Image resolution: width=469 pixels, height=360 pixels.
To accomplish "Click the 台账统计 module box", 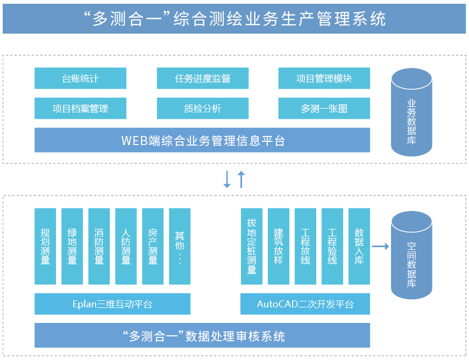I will pos(80,78).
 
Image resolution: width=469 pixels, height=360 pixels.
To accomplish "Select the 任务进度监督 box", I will pos(202,78).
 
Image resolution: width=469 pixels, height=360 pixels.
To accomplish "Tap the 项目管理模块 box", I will pos(324,78).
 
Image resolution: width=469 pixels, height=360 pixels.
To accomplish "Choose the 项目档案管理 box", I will pos(80,109).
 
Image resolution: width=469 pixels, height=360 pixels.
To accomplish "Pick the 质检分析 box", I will pos(202,109).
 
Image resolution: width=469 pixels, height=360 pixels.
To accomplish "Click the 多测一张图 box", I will pos(324,109).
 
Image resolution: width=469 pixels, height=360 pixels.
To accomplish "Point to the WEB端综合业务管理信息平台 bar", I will pos(202,141).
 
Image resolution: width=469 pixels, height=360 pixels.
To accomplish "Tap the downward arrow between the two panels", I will pos(227,179).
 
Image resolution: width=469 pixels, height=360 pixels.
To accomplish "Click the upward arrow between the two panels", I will pos(241,179).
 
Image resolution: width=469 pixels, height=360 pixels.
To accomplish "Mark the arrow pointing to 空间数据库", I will pos(380,247).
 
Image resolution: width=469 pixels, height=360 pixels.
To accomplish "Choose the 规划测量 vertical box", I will pos(45,247).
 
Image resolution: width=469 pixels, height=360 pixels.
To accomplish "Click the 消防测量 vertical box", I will pos(99,247).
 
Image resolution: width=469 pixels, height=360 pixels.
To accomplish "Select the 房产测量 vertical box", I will pos(153,247).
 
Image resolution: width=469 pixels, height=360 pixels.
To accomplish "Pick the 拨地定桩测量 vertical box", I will pos(251,247).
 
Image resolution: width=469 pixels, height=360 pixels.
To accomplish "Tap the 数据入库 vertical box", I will pos(359,247).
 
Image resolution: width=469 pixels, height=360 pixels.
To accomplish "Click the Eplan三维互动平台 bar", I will pos(112,304).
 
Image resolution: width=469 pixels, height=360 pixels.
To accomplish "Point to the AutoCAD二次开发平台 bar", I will pos(305,304).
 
